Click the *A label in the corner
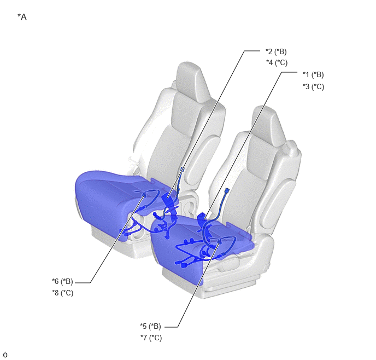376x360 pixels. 22,18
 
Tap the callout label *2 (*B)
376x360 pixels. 276,51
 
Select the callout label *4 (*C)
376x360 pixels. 277,62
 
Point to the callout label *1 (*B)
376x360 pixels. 313,74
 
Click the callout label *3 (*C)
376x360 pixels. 313,86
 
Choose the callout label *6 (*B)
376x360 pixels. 63,281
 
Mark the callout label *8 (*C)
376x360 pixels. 63,293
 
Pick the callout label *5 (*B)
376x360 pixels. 151,326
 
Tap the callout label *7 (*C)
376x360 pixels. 151,338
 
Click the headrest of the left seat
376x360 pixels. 192,82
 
